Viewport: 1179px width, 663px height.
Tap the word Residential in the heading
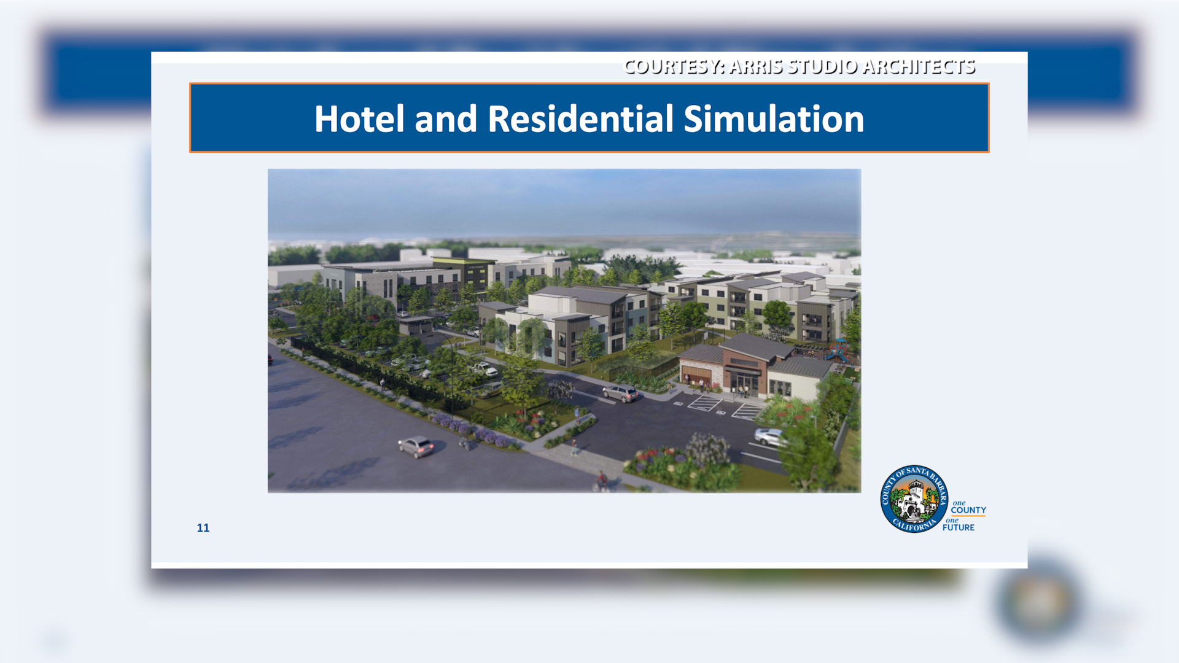[580, 118]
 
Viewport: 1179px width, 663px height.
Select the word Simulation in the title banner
[774, 118]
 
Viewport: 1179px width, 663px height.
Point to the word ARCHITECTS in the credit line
[919, 66]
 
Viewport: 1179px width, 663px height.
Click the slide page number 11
[203, 528]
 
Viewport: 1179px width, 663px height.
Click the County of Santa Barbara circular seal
[914, 498]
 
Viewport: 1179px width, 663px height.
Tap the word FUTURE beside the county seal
[959, 527]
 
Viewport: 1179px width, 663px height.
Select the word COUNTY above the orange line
[968, 510]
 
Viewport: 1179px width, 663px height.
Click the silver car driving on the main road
[416, 446]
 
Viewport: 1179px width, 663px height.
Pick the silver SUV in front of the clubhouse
[620, 393]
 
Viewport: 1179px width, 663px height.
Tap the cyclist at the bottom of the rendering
[601, 481]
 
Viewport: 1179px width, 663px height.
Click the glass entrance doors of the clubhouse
[744, 384]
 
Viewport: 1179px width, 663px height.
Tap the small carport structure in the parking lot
[416, 325]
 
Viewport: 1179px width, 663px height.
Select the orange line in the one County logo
[968, 516]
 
